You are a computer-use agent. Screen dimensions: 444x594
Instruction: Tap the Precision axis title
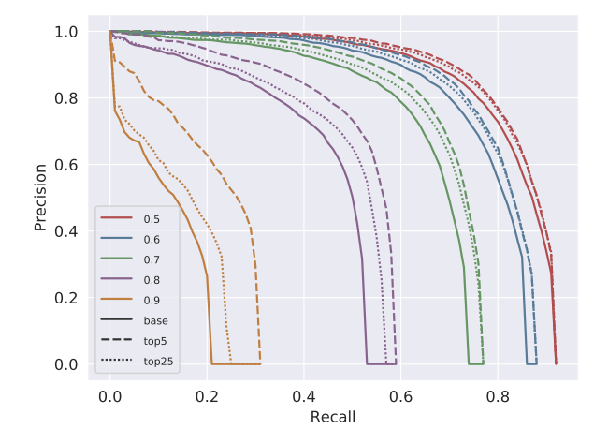click(x=41, y=198)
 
